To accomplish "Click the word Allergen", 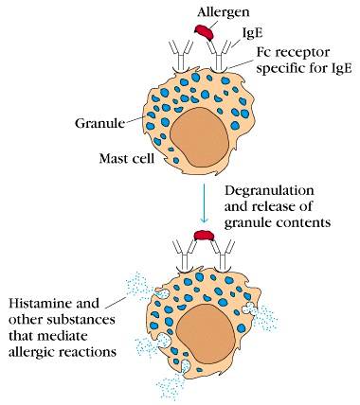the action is (x=224, y=12).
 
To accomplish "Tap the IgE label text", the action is (x=252, y=33).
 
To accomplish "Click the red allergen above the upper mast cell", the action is (x=204, y=31).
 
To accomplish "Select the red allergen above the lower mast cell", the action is (x=204, y=236).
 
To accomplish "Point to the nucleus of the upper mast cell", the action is (x=199, y=137).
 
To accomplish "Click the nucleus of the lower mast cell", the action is (x=205, y=335).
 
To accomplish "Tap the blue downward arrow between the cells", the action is (x=204, y=203).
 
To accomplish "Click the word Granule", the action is (x=99, y=123).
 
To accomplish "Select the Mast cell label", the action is (x=127, y=158).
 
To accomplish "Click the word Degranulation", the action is (x=269, y=191).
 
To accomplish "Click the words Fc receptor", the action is (x=293, y=52).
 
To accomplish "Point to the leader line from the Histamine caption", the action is (x=116, y=302).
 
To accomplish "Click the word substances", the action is (x=81, y=320).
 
